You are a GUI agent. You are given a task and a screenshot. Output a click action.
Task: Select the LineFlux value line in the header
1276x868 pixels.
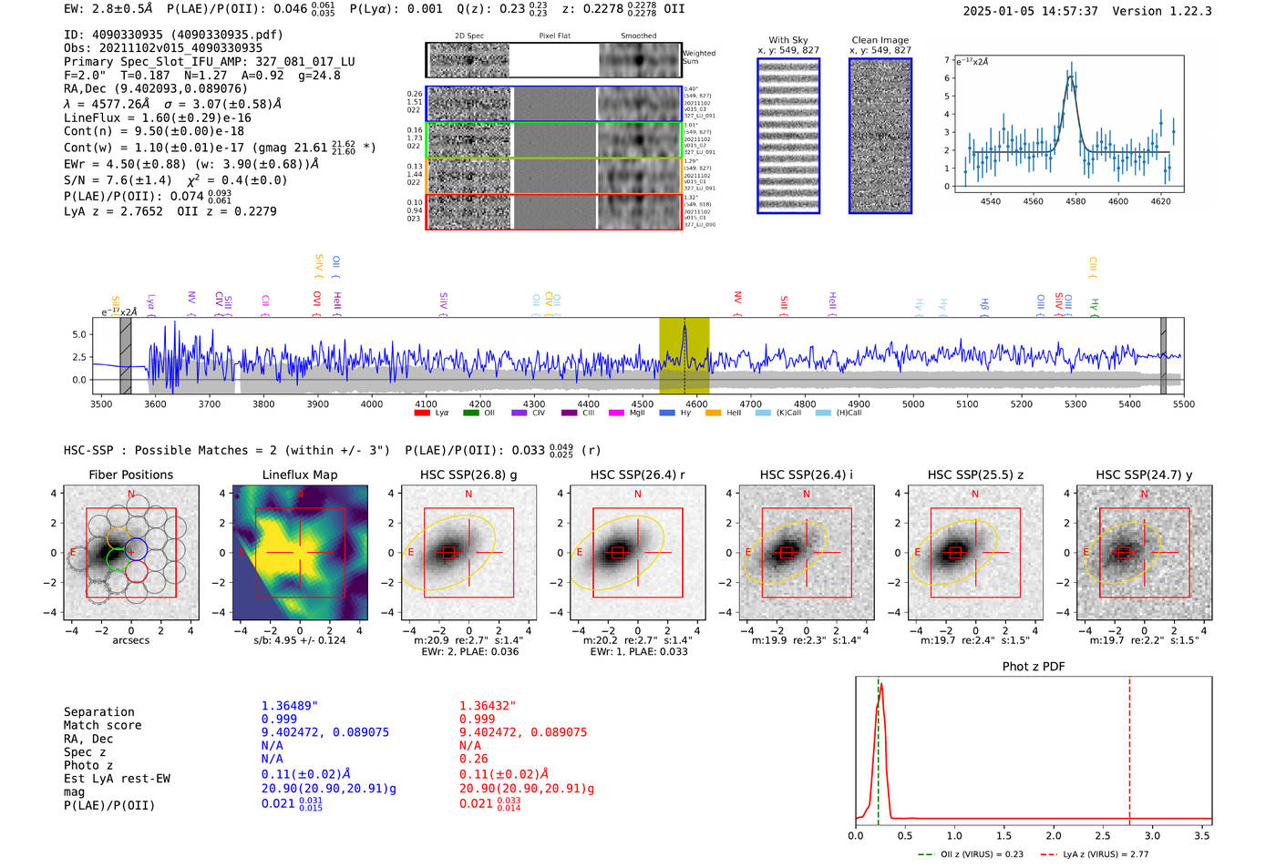[158, 117]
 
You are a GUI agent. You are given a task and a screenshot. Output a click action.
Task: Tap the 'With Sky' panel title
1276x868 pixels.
[787, 40]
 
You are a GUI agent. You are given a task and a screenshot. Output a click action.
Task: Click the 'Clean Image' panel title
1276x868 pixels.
[880, 40]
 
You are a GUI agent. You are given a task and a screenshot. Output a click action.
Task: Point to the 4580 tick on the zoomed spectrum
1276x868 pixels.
[1075, 201]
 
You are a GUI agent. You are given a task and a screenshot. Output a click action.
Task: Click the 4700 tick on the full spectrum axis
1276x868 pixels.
[750, 403]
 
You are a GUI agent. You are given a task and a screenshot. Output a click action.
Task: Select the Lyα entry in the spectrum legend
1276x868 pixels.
[433, 414]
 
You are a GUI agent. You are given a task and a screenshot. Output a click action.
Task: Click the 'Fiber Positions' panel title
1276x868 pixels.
[130, 475]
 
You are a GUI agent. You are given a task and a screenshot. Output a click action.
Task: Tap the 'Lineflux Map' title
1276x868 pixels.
[299, 475]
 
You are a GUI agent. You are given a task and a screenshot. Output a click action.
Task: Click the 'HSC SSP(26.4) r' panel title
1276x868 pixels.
[637, 475]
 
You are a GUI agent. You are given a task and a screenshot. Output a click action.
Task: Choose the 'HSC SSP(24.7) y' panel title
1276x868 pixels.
[1144, 475]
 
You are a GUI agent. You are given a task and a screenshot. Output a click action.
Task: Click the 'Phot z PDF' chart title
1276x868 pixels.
[1033, 667]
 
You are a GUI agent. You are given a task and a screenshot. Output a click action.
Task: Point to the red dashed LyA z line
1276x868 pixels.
[1129, 747]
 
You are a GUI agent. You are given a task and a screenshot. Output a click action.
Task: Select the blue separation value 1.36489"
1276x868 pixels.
[290, 706]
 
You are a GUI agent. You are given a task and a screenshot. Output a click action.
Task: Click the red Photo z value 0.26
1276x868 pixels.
[473, 759]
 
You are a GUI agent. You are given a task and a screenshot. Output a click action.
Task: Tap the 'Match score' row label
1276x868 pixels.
[102, 725]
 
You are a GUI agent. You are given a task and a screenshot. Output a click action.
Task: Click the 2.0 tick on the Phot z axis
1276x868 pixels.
[1053, 835]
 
